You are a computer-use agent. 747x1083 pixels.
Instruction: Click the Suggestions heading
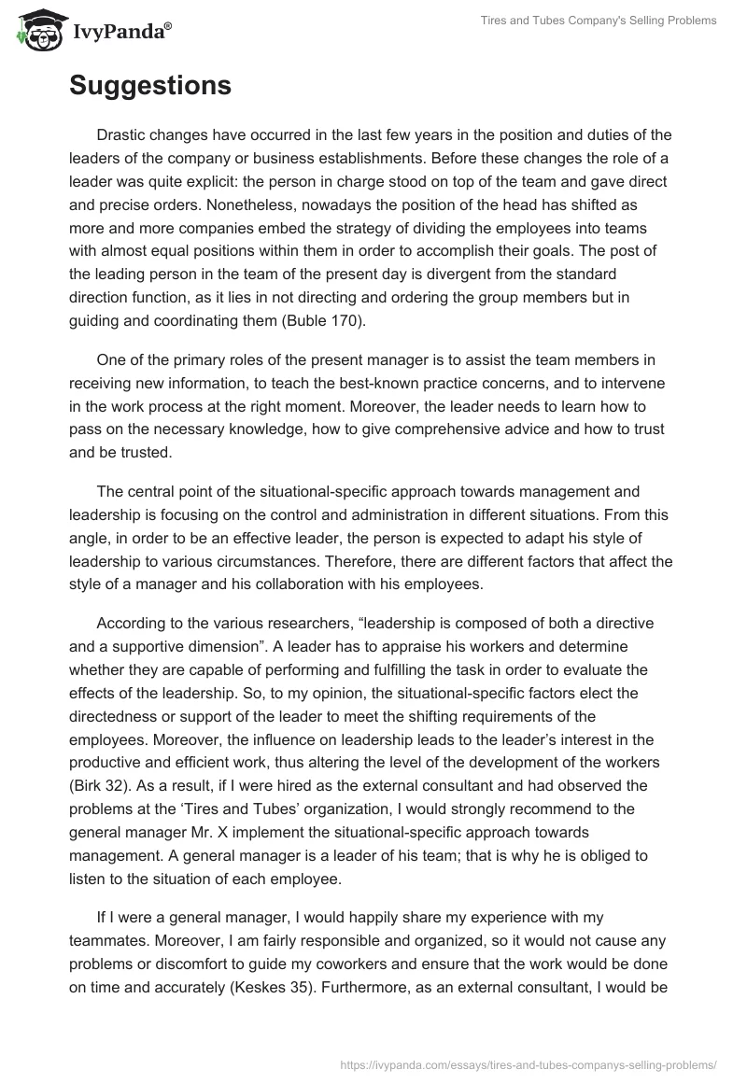[150, 87]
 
